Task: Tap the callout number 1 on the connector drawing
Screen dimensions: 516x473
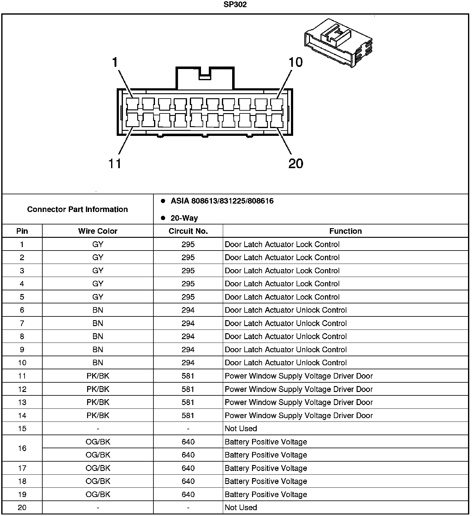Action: click(115, 62)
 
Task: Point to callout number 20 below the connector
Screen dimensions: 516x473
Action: click(296, 164)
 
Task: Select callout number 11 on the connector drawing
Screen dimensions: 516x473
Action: click(115, 164)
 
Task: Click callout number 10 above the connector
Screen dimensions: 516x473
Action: click(296, 62)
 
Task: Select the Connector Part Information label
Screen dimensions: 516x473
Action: click(77, 209)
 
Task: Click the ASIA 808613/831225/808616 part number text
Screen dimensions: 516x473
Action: click(222, 201)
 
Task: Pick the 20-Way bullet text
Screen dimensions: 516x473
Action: click(184, 218)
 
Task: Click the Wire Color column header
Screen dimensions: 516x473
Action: click(98, 231)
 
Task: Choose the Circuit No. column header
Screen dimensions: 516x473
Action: click(188, 231)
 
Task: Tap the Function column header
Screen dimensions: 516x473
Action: click(345, 231)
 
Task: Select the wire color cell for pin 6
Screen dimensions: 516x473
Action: click(98, 310)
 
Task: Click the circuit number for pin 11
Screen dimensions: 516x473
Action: click(188, 376)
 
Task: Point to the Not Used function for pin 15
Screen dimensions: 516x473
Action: click(241, 428)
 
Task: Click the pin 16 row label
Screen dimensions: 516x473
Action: click(22, 448)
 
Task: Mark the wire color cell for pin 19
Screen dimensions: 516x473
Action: click(98, 494)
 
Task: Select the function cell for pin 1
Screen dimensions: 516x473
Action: click(282, 244)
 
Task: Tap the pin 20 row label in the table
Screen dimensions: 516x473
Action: click(22, 507)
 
